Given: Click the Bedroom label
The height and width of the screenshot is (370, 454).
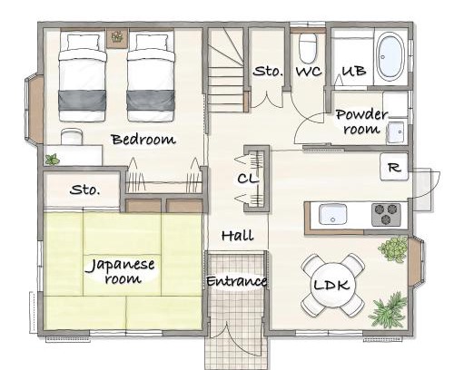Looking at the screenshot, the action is click(x=143, y=140).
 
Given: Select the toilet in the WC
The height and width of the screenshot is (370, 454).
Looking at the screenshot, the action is click(x=308, y=48).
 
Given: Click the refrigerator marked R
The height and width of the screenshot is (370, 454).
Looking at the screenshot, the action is click(x=394, y=167).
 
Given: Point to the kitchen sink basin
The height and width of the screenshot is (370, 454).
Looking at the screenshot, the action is click(x=332, y=214).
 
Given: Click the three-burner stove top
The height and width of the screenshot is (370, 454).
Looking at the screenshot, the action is click(x=386, y=215).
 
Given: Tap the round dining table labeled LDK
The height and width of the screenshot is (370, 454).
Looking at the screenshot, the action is click(x=332, y=286).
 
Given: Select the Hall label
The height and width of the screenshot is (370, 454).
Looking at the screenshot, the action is click(x=238, y=235).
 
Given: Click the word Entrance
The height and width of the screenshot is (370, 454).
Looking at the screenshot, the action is click(x=237, y=281).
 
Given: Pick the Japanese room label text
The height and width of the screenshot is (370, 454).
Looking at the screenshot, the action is click(x=122, y=271).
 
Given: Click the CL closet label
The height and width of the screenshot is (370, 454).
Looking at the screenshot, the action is click(x=248, y=179).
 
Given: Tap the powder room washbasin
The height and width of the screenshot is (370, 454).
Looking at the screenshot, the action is click(x=395, y=131).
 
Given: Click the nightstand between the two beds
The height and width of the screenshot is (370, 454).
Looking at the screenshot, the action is click(x=117, y=38).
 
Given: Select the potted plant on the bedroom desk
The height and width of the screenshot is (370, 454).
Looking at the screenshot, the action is click(x=52, y=160).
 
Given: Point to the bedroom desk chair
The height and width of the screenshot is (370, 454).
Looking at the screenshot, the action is click(x=72, y=137).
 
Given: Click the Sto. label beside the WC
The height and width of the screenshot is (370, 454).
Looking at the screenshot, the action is click(x=269, y=72).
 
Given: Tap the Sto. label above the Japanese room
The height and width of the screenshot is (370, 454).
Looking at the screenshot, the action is click(x=84, y=190).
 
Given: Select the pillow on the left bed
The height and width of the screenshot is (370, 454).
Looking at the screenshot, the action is click(x=84, y=42).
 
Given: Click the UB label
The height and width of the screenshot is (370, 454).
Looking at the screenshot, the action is click(x=354, y=71).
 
